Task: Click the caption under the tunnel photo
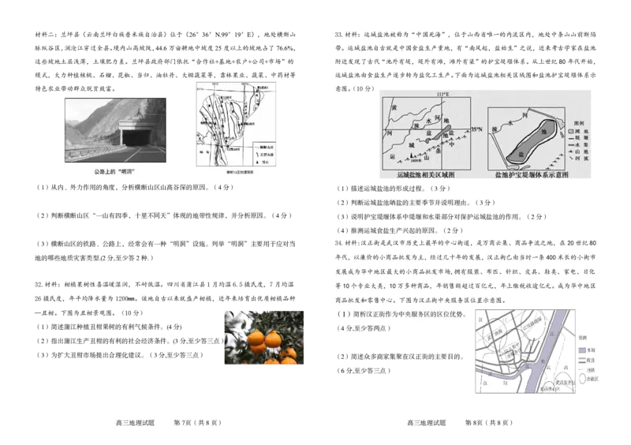pos(114,170)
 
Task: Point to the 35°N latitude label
pos(476,129)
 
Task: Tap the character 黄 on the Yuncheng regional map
pos(395,104)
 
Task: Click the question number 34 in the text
pos(340,242)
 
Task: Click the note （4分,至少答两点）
pos(367,327)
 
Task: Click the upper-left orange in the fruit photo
pos(256,338)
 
